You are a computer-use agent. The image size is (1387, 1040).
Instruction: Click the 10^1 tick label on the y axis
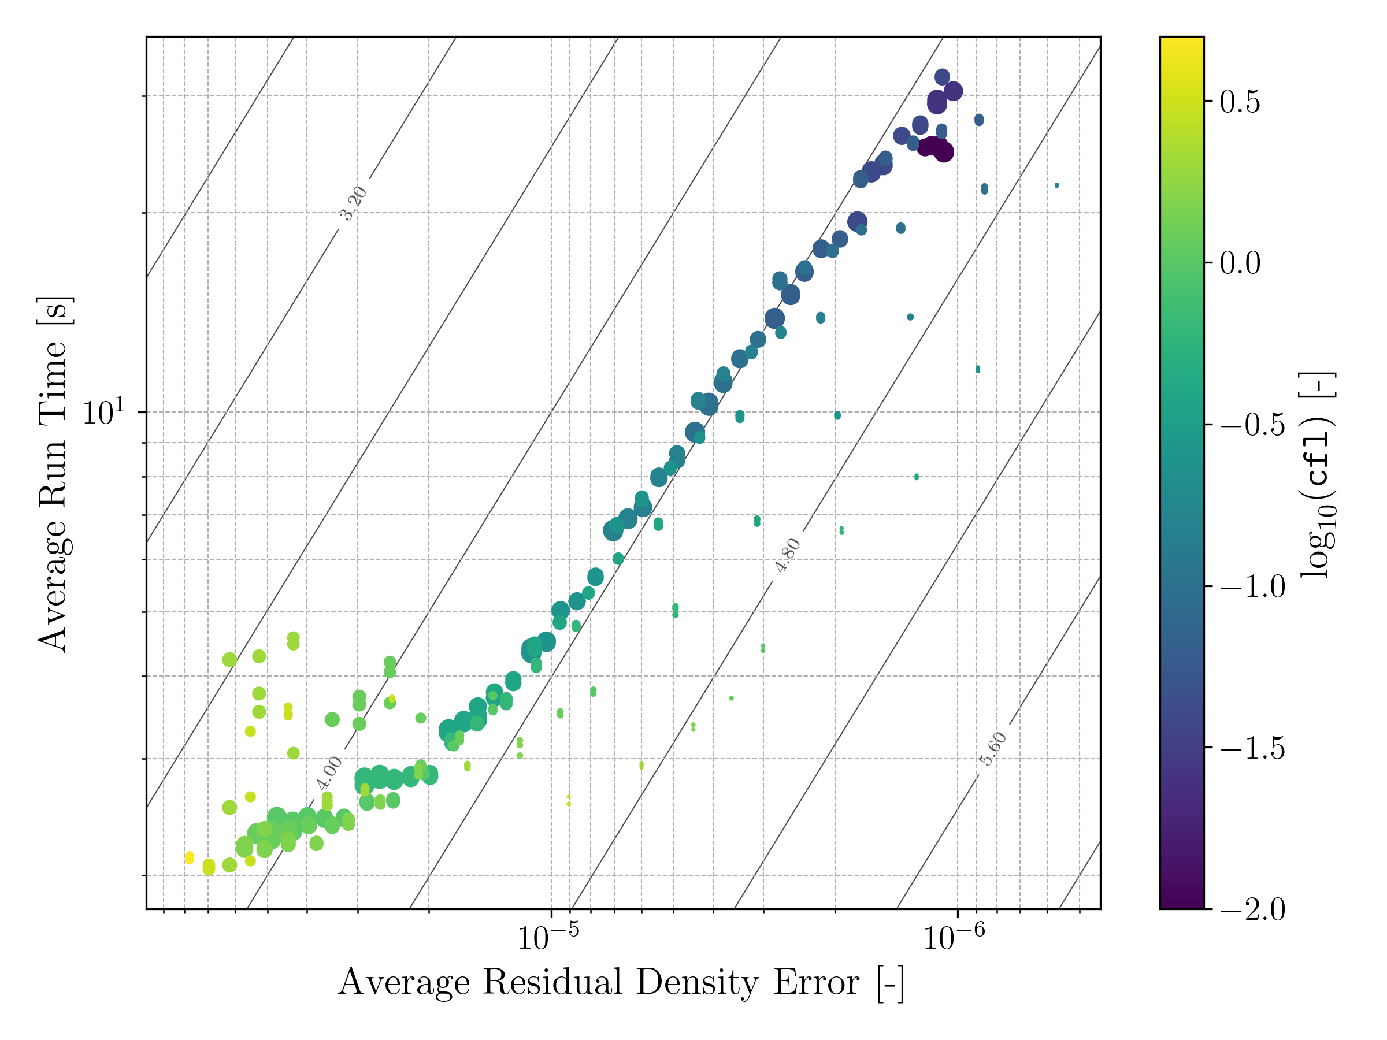(104, 413)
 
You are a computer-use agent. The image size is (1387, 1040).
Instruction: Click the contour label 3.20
(353, 203)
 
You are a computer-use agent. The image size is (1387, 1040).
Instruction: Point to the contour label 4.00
(329, 773)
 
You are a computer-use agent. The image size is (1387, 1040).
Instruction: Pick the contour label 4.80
(788, 555)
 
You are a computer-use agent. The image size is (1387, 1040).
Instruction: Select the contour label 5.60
(993, 748)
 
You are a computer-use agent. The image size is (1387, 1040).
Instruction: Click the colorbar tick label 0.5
(1240, 102)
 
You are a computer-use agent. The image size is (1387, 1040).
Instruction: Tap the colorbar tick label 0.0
(1240, 263)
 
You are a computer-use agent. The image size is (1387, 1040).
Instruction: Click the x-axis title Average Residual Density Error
(621, 982)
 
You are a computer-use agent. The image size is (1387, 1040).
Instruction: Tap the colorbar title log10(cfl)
(1318, 474)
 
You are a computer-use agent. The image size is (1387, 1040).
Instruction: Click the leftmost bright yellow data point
(190, 857)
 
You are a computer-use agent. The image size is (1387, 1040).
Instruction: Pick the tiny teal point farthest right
(1057, 185)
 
